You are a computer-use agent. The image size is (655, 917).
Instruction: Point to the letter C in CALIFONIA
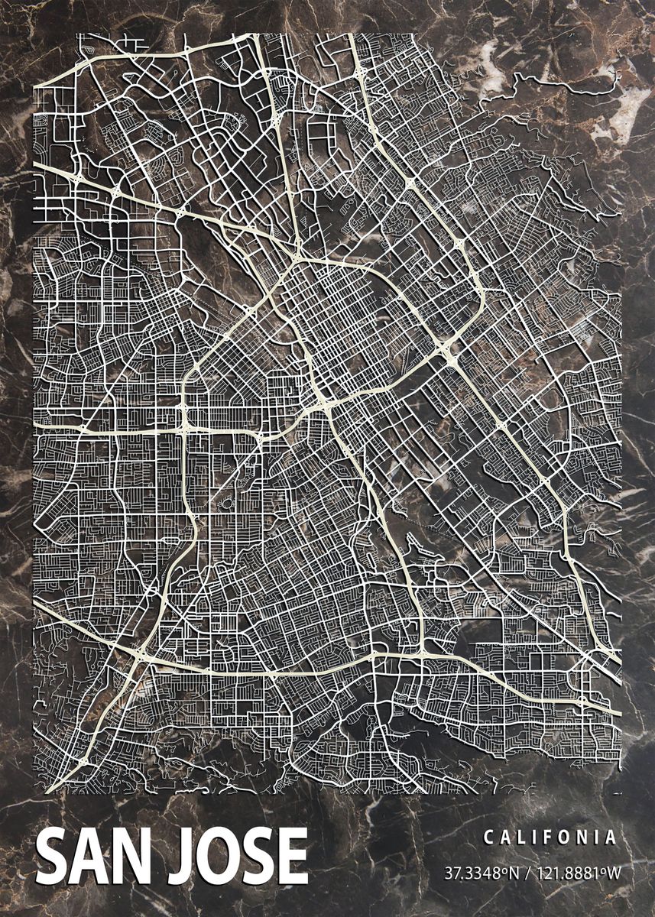coord(488,838)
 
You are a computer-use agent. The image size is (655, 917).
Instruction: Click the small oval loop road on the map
coord(227,504)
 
